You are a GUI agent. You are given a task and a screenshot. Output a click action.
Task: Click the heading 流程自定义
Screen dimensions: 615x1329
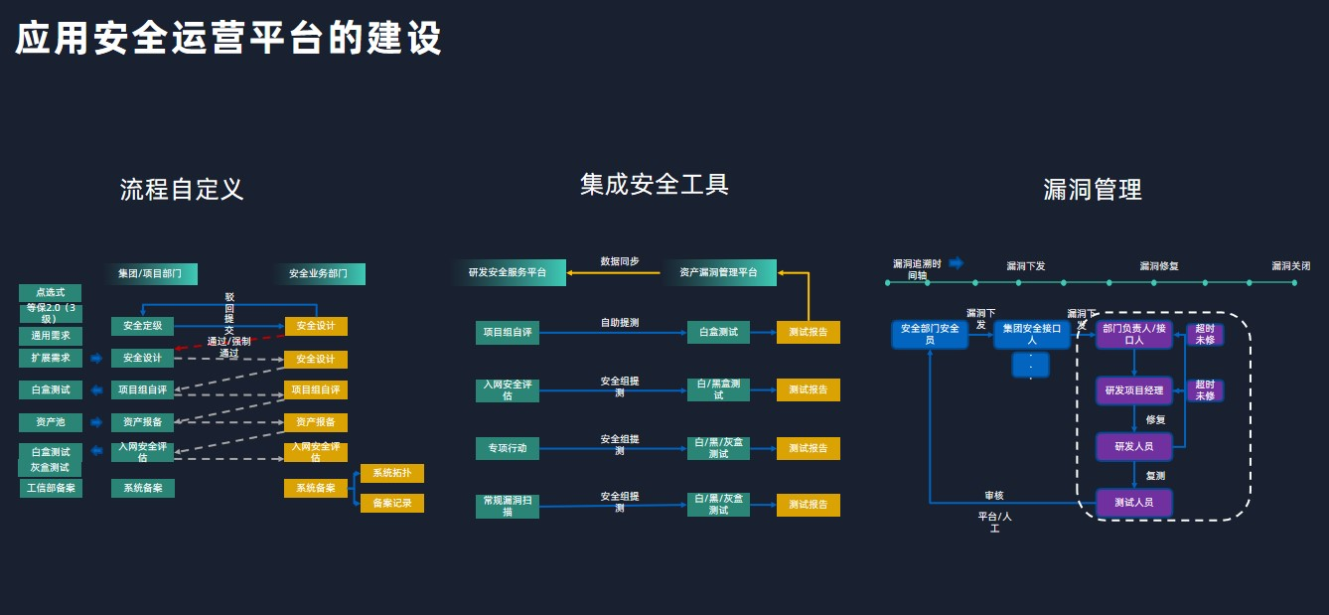(182, 189)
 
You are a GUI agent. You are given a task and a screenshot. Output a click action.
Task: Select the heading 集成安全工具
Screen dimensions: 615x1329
(655, 184)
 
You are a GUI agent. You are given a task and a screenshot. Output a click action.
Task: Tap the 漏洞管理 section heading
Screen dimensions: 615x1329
(1093, 189)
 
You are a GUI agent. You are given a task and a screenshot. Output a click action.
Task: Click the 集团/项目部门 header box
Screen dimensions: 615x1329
(150, 273)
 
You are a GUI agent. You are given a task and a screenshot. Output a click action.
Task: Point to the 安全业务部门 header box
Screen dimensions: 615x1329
(319, 273)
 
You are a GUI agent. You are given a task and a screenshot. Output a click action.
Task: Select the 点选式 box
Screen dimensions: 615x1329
(50, 293)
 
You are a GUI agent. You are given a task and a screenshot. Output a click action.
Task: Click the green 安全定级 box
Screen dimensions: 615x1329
(142, 326)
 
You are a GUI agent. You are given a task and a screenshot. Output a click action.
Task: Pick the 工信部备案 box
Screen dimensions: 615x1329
(50, 488)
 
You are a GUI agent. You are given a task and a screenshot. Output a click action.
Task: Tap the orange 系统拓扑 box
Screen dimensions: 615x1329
(391, 473)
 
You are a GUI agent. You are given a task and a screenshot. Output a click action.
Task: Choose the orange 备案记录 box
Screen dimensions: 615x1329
(391, 504)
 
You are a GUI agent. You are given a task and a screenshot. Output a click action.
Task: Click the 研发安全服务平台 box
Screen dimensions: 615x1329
(509, 272)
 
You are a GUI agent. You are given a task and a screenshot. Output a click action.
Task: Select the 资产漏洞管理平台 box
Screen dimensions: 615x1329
(718, 272)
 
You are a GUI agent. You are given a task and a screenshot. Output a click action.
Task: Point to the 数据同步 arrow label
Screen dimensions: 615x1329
(620, 261)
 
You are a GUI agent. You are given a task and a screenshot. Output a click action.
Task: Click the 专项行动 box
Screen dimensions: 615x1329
(507, 449)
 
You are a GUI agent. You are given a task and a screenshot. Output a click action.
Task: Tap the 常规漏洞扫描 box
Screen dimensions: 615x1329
(507, 506)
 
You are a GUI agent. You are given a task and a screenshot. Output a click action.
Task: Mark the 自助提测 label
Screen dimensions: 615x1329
(620, 323)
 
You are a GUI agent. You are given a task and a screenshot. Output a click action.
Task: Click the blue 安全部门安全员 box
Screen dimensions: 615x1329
(930, 334)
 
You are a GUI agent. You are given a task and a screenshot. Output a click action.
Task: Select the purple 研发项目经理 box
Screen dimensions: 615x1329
(1133, 390)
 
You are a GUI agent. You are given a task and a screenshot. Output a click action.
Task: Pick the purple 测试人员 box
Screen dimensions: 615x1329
(1133, 503)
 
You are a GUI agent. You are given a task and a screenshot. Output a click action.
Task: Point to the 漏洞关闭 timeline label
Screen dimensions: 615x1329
(1290, 266)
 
